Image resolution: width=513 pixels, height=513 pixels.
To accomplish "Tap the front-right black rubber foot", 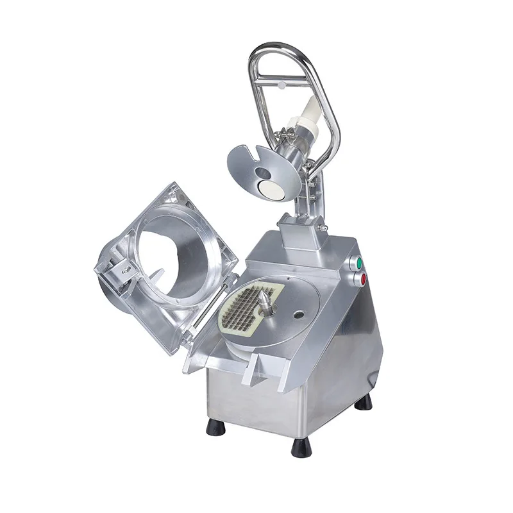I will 301,447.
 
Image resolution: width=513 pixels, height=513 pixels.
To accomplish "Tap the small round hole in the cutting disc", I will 298,315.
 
